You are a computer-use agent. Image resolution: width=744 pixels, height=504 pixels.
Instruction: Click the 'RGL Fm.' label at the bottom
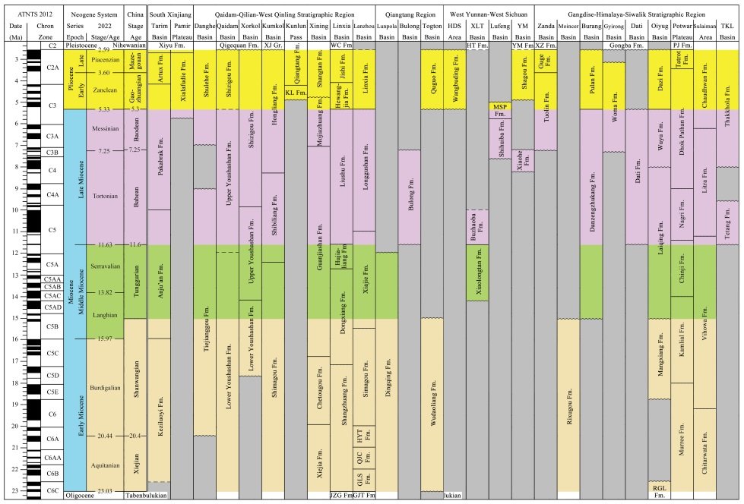tap(658, 490)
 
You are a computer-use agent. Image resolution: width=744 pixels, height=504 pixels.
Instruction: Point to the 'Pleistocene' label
tap(82, 46)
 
